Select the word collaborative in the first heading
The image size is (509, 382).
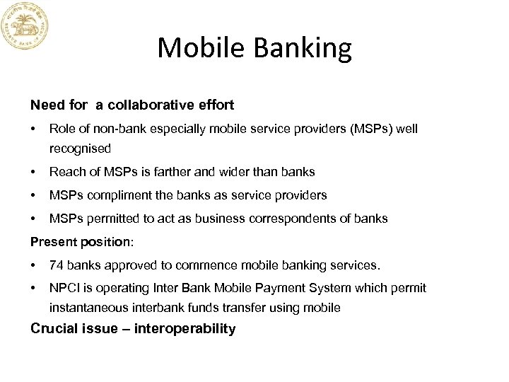point(149,105)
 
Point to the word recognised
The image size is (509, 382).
point(80,149)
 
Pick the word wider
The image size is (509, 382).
point(223,172)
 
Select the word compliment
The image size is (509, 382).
point(113,195)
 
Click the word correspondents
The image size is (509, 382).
point(281,219)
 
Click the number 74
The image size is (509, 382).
point(56,265)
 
